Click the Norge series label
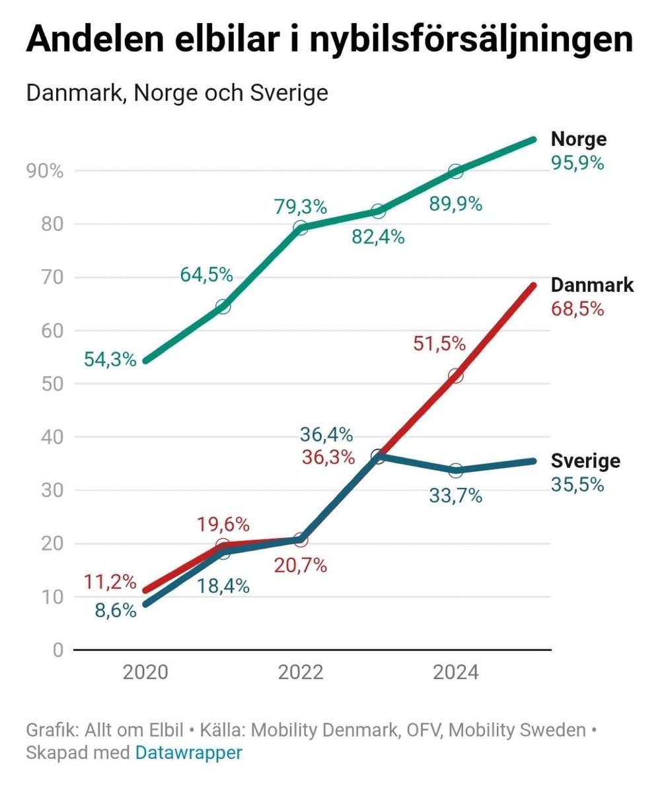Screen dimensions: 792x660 click(x=579, y=139)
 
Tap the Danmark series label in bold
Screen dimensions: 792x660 click(x=592, y=285)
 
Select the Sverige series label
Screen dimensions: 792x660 click(x=585, y=461)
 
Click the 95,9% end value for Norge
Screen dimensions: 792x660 click(x=577, y=162)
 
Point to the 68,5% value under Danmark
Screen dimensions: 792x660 click(x=577, y=308)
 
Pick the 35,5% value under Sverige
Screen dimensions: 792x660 click(x=577, y=484)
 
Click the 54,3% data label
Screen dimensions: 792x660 click(x=110, y=360)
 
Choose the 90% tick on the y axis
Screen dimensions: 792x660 click(x=44, y=172)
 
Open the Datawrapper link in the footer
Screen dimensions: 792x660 click(x=188, y=753)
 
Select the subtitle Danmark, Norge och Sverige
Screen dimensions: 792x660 click(x=176, y=93)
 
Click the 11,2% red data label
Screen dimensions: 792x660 click(x=110, y=582)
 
